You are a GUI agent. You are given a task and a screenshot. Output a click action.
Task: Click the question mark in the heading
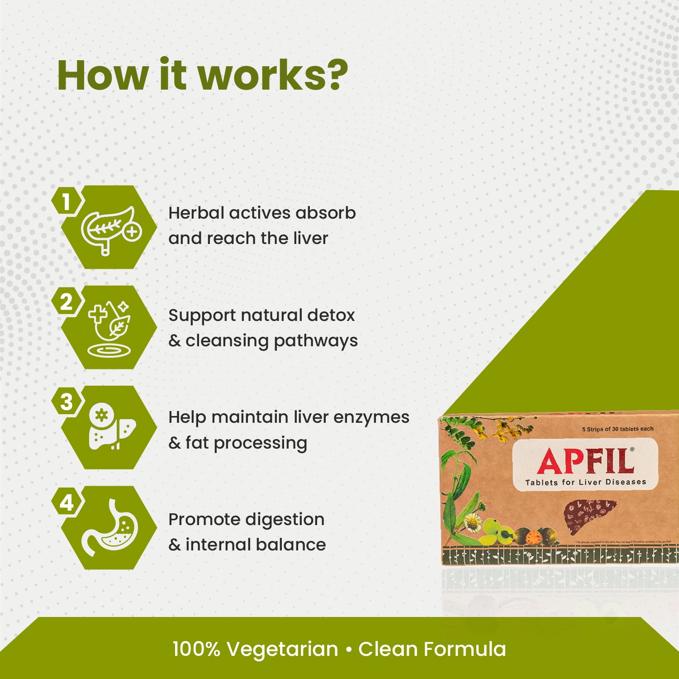coord(336,75)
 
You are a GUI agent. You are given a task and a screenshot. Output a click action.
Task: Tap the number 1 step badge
coord(66,202)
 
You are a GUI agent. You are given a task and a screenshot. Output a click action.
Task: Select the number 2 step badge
coord(66,302)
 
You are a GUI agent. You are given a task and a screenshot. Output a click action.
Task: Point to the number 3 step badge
coord(66,402)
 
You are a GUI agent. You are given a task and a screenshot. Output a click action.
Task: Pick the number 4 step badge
coord(66,502)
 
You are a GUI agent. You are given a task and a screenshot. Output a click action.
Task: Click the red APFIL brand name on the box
coord(585,462)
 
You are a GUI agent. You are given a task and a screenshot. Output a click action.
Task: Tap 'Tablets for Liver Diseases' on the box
coord(585,482)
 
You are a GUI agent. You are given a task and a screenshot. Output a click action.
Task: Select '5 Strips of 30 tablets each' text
coord(617,429)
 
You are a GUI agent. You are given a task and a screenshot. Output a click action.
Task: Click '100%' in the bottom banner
coord(196,649)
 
